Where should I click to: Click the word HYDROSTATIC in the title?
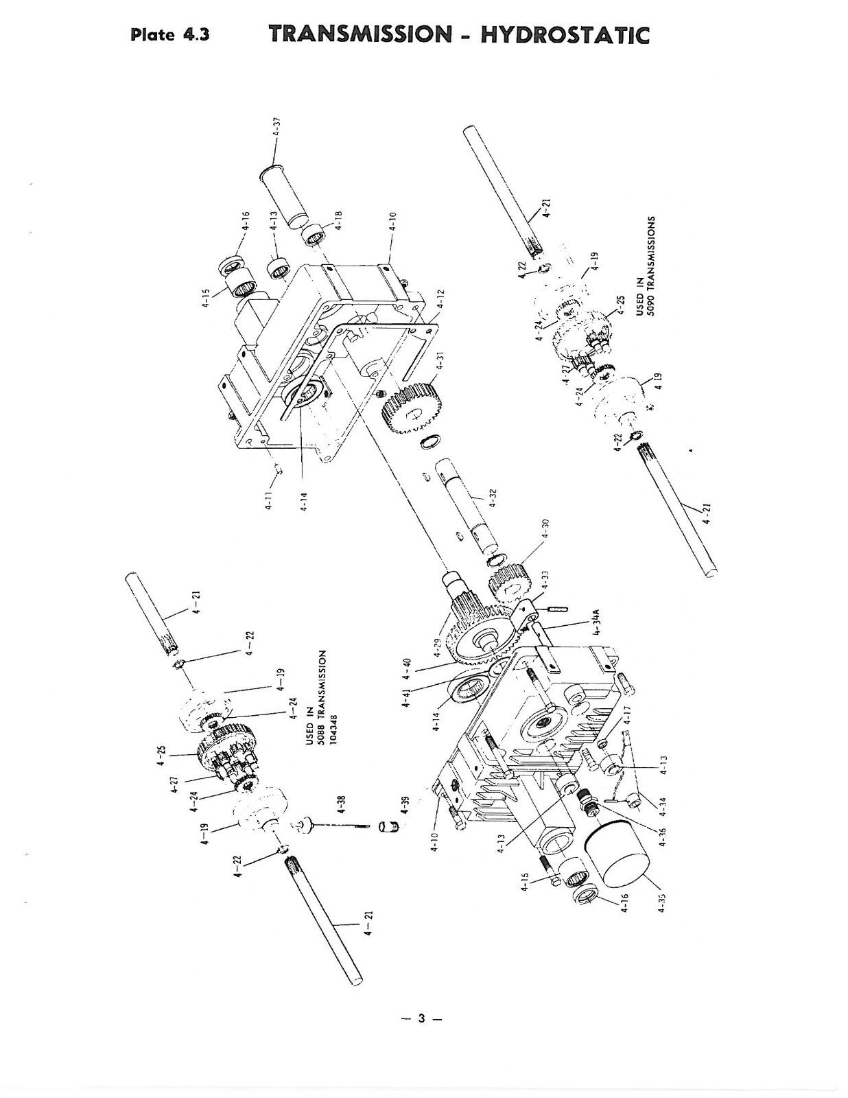point(565,34)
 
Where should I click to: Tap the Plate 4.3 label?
point(169,35)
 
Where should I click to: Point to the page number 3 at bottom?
point(423,1019)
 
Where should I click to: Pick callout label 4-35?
point(661,899)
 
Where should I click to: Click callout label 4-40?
point(406,665)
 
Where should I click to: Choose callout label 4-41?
point(406,697)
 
